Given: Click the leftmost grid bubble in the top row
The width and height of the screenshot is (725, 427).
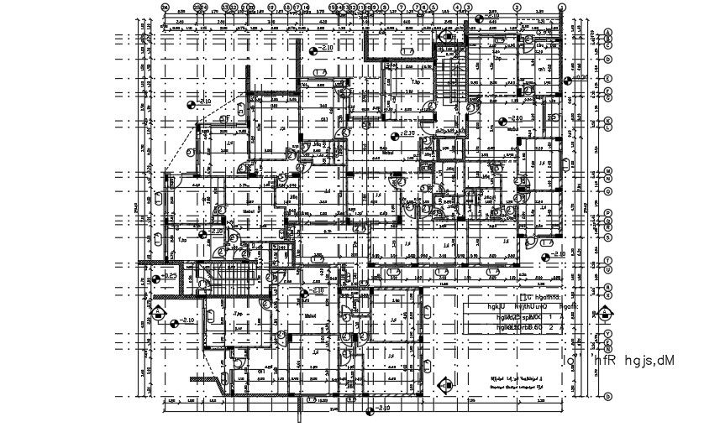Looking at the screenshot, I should coord(165,7).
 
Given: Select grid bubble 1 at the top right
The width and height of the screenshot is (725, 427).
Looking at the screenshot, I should coord(561,7).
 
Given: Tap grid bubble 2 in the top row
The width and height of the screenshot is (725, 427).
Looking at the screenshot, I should coord(517,7).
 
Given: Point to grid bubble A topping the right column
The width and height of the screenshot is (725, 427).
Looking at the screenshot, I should coord(607,32).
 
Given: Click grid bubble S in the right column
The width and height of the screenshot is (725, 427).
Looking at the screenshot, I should coord(607,237).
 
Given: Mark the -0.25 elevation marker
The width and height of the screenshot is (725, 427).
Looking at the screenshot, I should coord(167,275).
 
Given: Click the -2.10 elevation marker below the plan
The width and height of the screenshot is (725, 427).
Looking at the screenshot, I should coord(370,409).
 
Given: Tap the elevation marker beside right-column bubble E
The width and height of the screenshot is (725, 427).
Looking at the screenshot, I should coord(572,80).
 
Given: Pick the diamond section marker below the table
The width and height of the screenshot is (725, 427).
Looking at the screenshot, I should coord(444,386).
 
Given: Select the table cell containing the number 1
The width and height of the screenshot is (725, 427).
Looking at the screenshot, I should coord(550,318).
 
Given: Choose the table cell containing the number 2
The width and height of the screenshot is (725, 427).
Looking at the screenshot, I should coord(550,328).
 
